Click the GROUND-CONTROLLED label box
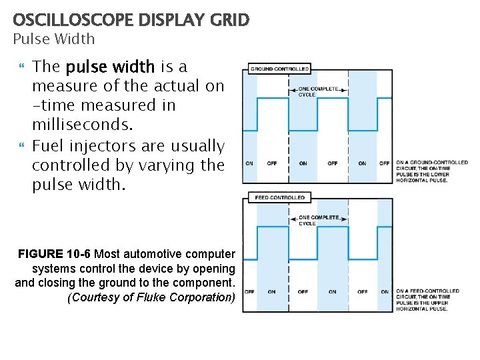(x=279, y=69)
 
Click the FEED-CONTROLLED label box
(x=279, y=197)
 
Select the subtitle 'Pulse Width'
(x=54, y=39)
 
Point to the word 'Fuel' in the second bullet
(x=48, y=145)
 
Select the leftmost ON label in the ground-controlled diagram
(x=249, y=163)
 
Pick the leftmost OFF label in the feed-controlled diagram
(x=249, y=291)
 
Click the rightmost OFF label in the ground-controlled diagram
(x=385, y=163)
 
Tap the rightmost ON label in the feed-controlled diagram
(x=385, y=291)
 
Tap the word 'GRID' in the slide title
(x=229, y=21)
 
